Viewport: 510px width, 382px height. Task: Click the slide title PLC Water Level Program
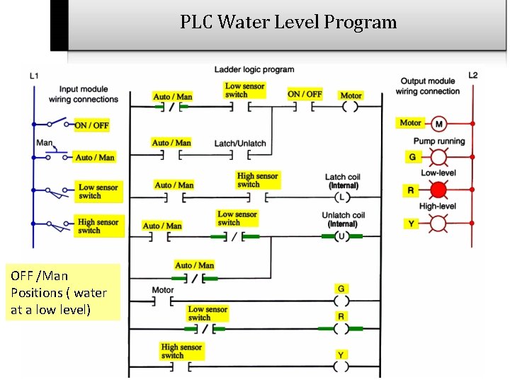[288, 22]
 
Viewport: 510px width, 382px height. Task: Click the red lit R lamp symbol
[438, 190]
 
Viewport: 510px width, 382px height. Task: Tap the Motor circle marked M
[438, 124]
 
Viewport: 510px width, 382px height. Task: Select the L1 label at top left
[34, 76]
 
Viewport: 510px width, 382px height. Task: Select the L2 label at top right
[473, 75]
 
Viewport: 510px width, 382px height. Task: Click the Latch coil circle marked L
[342, 197]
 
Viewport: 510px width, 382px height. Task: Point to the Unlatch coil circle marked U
[342, 236]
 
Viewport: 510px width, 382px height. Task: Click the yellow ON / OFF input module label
[92, 125]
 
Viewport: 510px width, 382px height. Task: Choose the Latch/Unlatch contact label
[240, 144]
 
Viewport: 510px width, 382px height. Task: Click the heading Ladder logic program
[254, 69]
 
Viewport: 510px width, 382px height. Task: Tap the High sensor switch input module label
[98, 226]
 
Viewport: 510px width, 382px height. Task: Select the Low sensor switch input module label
[98, 191]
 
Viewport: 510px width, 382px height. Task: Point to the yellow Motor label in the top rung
[351, 95]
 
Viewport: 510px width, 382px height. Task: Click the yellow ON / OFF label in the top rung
[305, 94]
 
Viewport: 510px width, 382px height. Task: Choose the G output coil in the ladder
[341, 300]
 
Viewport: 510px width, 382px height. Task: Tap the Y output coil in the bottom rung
[341, 366]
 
